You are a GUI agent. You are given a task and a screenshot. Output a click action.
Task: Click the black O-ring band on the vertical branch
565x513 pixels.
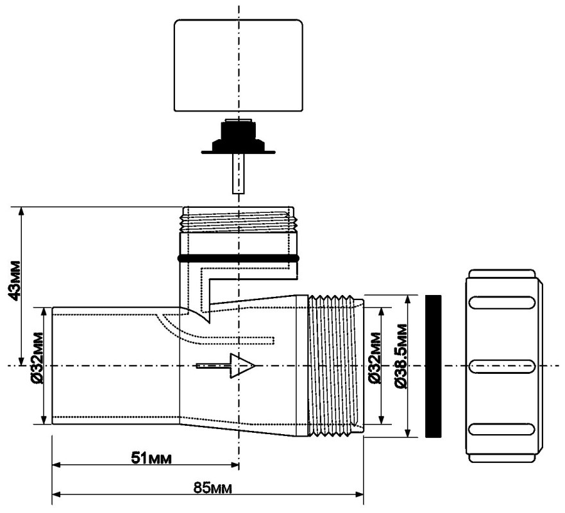[239, 258]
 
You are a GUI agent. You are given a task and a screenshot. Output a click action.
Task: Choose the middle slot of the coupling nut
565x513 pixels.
[502, 366]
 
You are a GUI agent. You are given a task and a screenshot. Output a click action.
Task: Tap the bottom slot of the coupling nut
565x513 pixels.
[502, 428]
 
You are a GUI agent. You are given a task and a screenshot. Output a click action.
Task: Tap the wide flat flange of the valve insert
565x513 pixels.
[238, 152]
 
